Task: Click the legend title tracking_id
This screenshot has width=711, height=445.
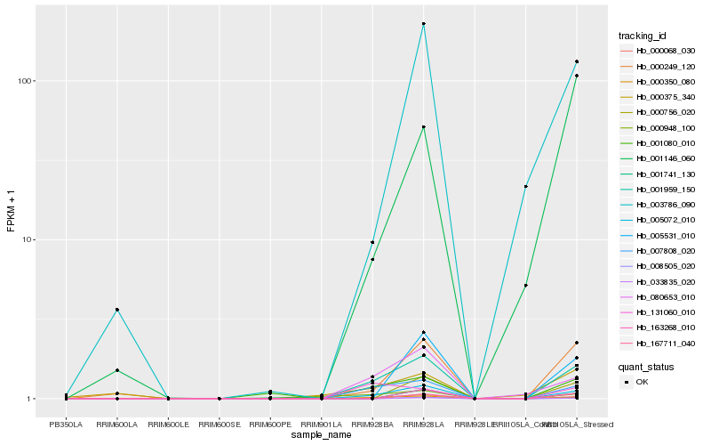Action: tap(642, 36)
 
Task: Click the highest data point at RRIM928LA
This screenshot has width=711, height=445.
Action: tap(424, 24)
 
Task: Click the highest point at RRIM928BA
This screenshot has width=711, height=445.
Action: tap(372, 242)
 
